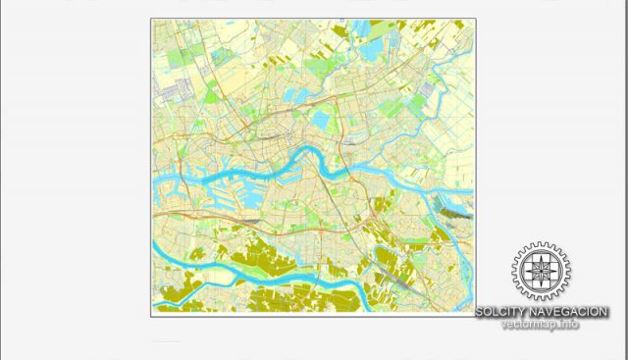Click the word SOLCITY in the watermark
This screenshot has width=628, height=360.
tap(504, 312)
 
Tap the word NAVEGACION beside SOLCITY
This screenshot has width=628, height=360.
tap(571, 312)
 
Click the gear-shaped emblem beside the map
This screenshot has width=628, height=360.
tap(541, 272)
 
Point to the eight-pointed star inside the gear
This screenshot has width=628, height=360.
tap(541, 272)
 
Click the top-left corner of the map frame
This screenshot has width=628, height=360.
tap(151, 19)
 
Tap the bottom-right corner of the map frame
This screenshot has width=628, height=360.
tap(474, 317)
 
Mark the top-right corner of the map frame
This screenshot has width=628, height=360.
tap(474, 19)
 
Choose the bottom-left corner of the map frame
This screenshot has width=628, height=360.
tap(151, 317)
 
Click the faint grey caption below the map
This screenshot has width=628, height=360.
tap(166, 342)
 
